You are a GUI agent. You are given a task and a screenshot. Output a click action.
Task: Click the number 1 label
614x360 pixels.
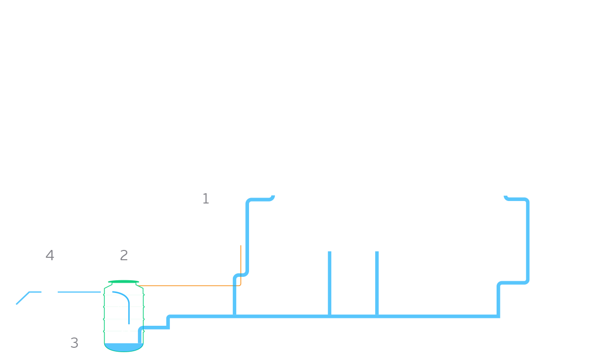(206, 199)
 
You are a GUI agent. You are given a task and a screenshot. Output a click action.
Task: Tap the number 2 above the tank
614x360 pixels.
(124, 255)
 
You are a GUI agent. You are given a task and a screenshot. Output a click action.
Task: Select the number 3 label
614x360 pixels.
(74, 343)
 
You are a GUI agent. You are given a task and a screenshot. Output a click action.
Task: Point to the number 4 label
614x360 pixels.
(49, 255)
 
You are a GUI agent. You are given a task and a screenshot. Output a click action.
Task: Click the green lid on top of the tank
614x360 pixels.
(124, 281)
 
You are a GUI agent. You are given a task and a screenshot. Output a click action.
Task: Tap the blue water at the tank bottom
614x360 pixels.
(124, 347)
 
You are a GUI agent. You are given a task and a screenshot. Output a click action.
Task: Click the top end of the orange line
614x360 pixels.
(241, 246)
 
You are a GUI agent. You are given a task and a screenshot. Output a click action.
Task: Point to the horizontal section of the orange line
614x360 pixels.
(189, 286)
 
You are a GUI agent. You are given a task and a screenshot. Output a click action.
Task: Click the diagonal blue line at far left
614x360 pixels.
(23, 298)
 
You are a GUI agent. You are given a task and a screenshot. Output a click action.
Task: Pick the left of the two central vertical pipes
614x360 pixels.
(329, 283)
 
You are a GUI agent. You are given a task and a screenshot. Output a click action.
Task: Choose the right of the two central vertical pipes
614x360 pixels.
(377, 283)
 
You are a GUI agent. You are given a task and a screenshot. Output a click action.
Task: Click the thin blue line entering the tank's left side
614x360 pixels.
(79, 292)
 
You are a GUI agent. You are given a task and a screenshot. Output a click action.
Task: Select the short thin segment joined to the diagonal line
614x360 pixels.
(35, 292)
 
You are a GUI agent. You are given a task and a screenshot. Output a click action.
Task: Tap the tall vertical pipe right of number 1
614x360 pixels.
(247, 236)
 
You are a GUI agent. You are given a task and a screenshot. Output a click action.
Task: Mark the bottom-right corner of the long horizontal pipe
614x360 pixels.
(500, 318)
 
